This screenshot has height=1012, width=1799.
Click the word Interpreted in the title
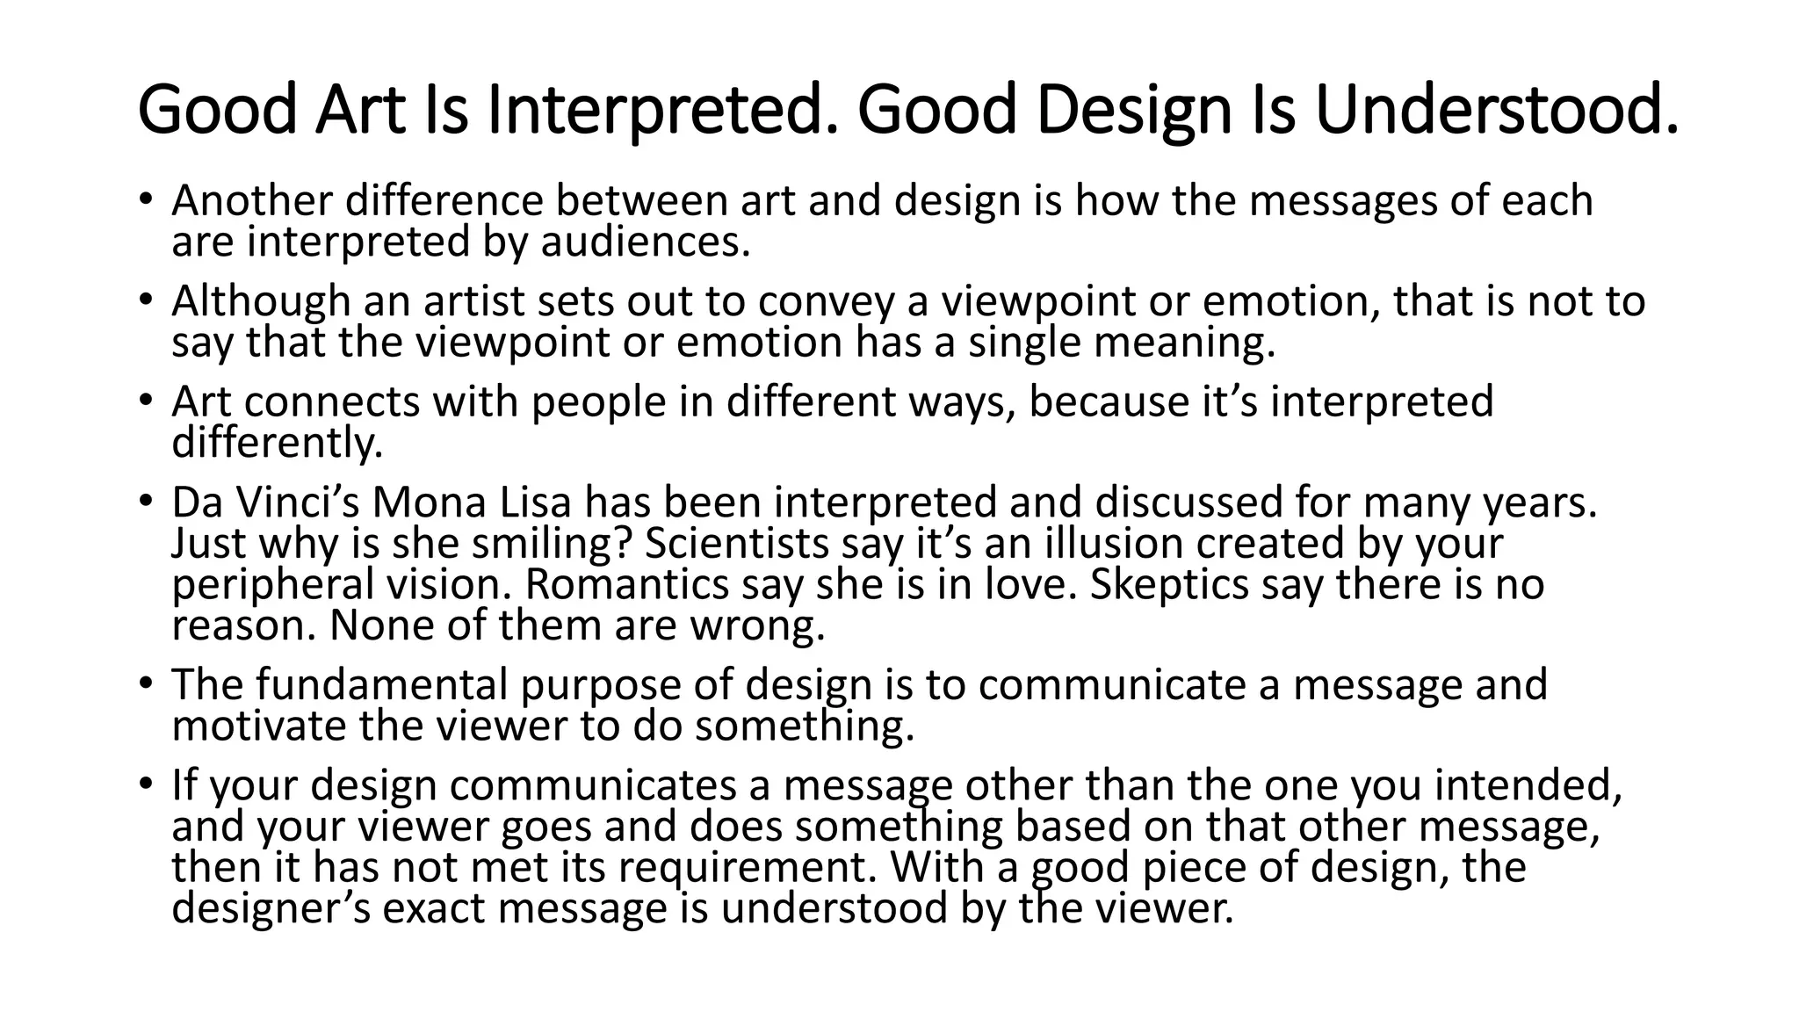click(657, 111)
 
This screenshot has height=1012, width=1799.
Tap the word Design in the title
click(1124, 111)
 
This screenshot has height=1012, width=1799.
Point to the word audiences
click(646, 242)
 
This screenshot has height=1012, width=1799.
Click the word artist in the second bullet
click(475, 301)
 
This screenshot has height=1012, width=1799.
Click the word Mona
click(428, 503)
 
